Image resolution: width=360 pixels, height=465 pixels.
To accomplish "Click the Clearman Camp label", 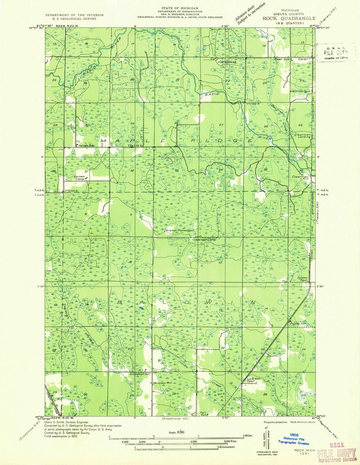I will (203, 240).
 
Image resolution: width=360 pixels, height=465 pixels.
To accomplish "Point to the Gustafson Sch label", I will (140, 374).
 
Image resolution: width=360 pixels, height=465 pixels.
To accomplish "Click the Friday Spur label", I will (303, 279).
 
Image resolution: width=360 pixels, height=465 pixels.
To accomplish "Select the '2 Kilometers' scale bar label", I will (226, 447).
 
